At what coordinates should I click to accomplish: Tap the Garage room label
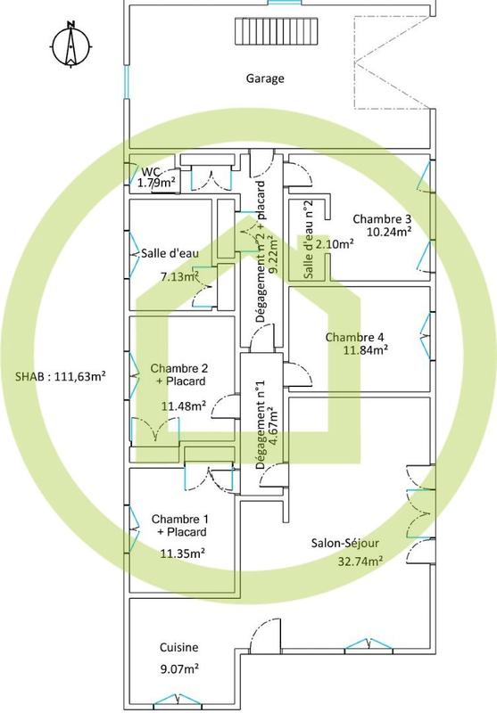265,78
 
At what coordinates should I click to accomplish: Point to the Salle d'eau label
170,253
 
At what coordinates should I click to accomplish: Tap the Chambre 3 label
382,218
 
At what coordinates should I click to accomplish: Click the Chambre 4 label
354,337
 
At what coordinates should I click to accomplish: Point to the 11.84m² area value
367,350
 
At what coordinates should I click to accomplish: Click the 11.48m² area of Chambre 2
184,406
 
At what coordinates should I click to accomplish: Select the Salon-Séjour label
346,543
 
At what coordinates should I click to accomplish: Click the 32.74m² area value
360,561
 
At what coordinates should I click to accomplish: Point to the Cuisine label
178,648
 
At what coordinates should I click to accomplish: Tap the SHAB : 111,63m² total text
62,376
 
